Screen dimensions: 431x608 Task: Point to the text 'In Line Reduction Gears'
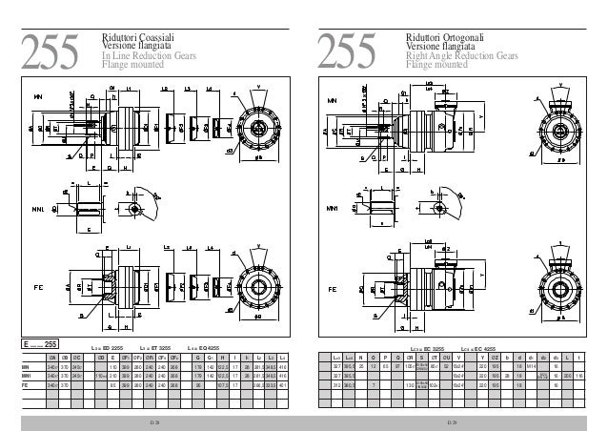pos(150,57)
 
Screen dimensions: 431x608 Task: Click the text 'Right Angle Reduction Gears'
pos(462,57)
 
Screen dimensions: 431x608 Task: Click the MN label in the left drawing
pos(39,97)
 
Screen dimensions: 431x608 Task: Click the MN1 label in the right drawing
pos(335,206)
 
